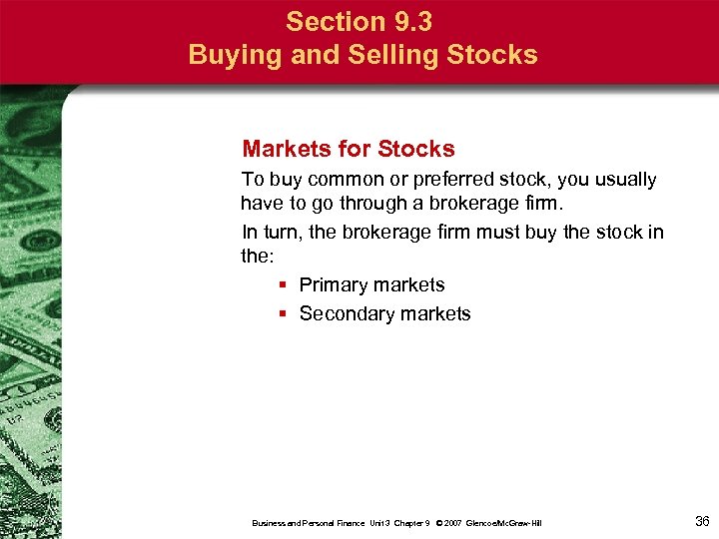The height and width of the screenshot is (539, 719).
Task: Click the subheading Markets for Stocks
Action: click(348, 150)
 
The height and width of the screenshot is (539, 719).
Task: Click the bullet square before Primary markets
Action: click(284, 285)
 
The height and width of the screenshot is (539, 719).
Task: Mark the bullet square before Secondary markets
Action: click(284, 314)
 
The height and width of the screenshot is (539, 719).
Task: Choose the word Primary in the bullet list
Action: click(334, 285)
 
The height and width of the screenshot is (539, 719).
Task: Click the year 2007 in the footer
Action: click(452, 523)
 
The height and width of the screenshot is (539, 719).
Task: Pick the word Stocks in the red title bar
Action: click(492, 55)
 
